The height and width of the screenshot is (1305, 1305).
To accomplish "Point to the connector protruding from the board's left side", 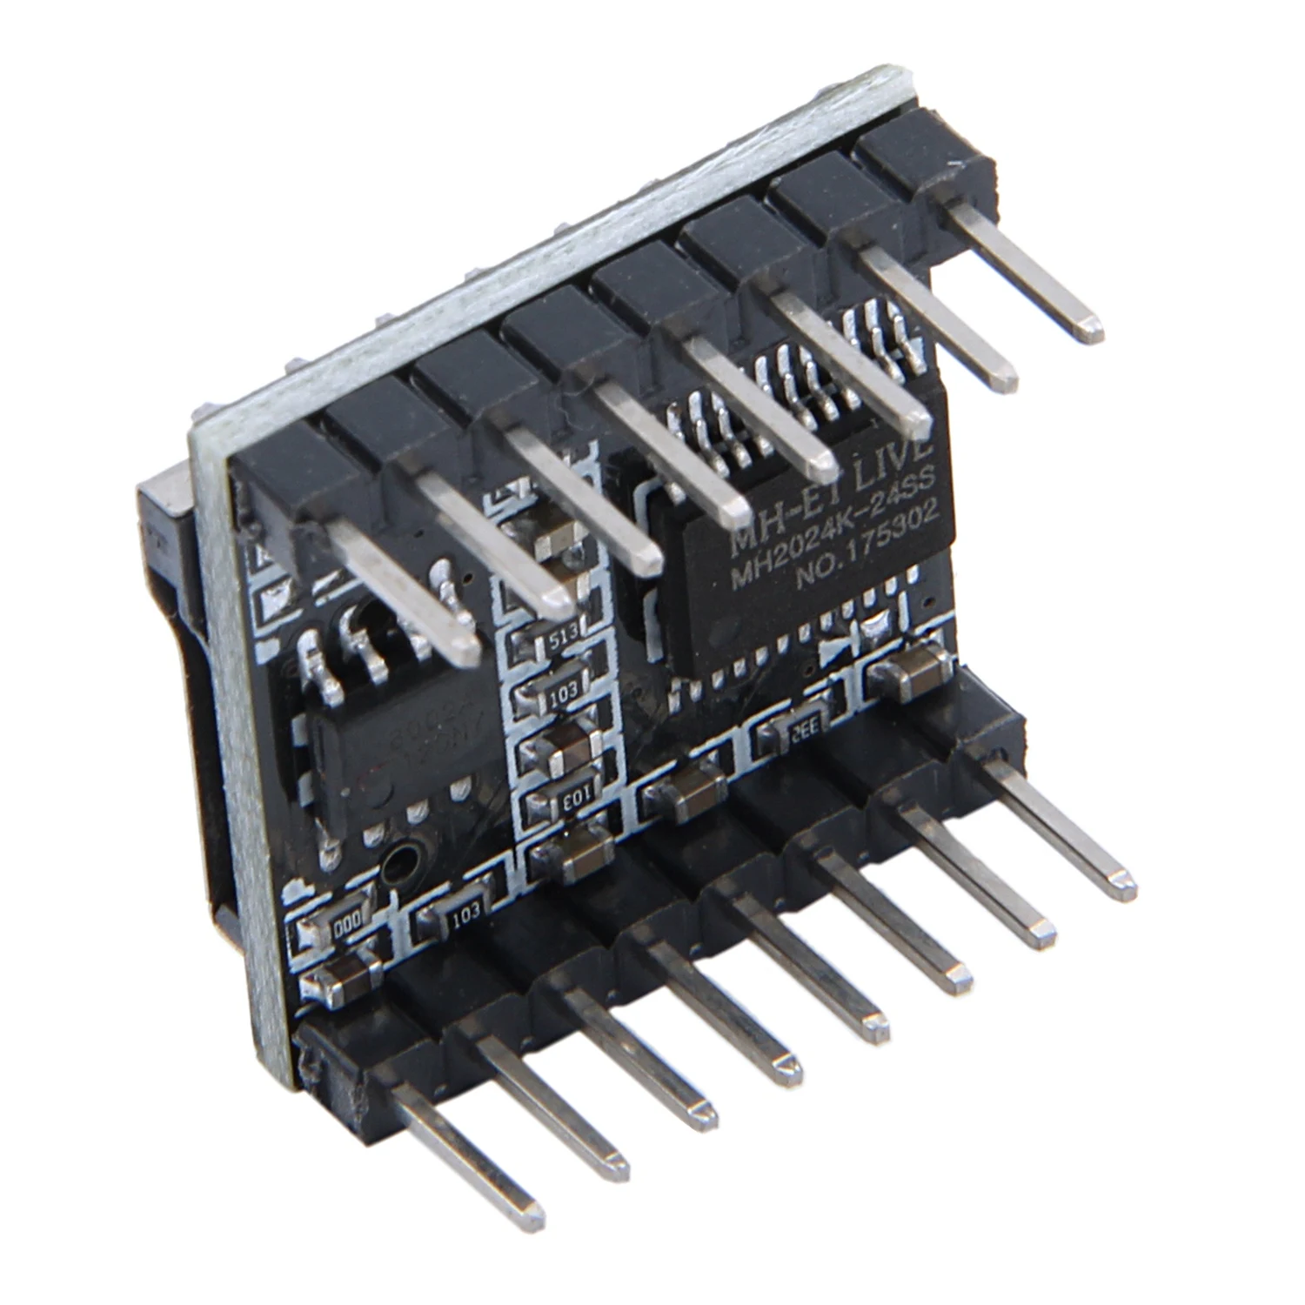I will [x=165, y=565].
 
